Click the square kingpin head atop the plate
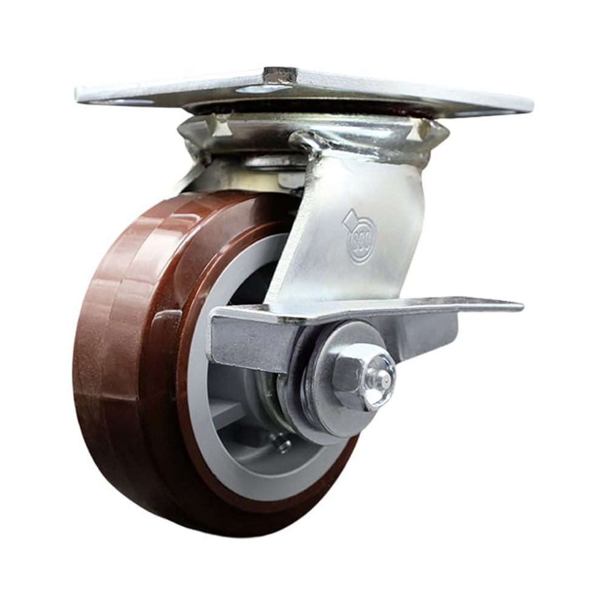click(x=279, y=75)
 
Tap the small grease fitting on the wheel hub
click(x=281, y=445)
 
